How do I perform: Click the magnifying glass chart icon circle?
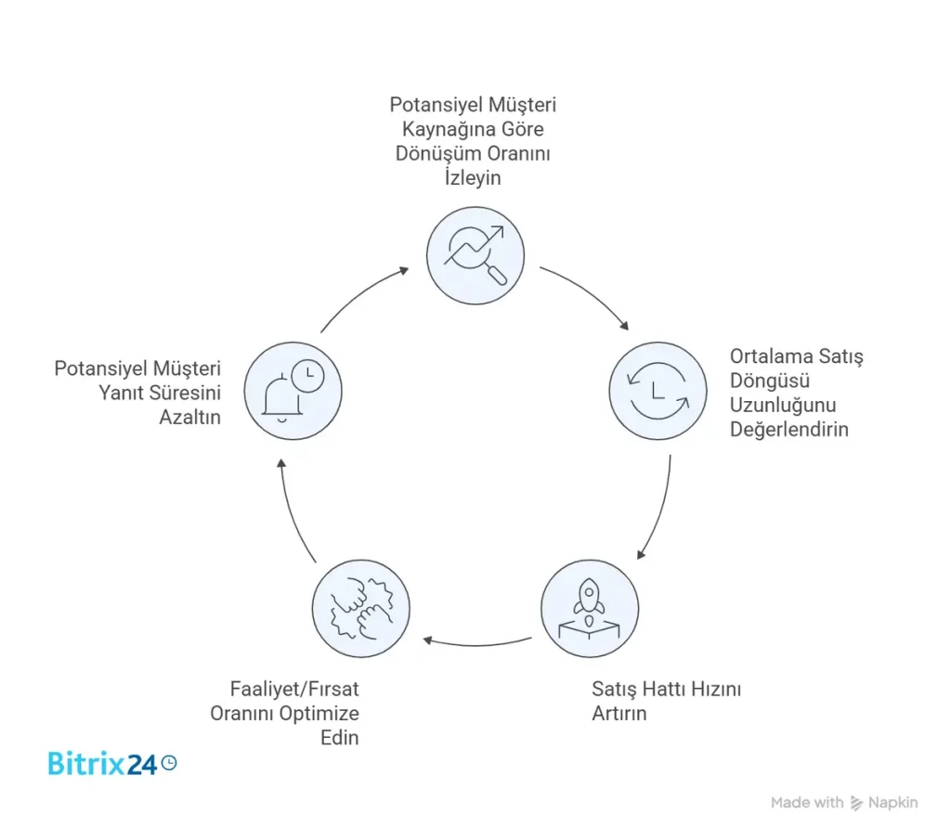click(475, 255)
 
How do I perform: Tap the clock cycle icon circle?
click(657, 391)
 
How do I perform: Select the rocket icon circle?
click(590, 608)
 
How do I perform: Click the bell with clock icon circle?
click(293, 391)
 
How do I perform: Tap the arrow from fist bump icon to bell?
click(295, 510)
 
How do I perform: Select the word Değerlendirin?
click(788, 430)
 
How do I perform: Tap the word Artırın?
click(619, 714)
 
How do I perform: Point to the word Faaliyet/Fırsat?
click(294, 690)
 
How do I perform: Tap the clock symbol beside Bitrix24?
click(168, 762)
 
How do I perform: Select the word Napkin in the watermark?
click(892, 803)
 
